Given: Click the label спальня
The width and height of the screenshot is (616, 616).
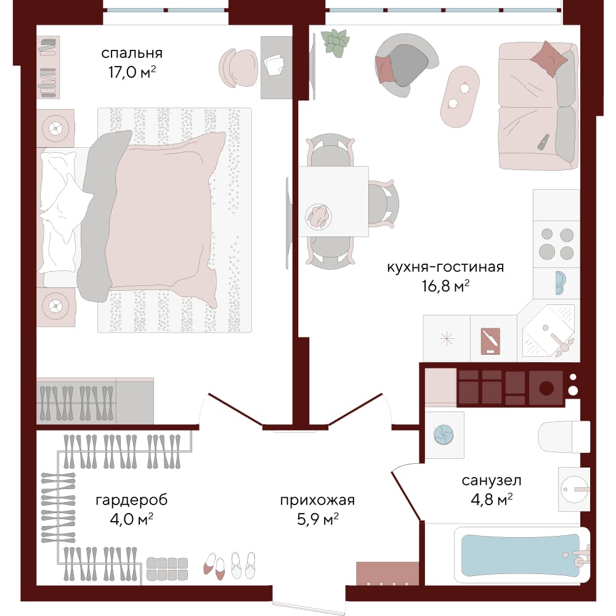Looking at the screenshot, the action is coord(132,54).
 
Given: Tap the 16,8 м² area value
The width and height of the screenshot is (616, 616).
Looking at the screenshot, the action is coord(445,286).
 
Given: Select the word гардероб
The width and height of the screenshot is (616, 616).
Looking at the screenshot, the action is coord(132,500).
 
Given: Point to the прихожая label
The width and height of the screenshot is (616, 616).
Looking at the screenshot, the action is coord(317,500).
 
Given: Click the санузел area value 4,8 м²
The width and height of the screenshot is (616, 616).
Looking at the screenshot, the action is coord(492,500).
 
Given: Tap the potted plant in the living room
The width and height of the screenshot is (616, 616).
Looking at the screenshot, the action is coord(335,43).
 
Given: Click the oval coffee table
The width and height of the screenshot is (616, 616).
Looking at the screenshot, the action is coord(460,97).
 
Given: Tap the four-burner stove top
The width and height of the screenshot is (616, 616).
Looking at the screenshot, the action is coord(556,244).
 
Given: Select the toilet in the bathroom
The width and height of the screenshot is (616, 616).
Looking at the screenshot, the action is coord(564,437).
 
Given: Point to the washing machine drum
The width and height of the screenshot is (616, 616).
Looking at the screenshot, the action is coord(444,435).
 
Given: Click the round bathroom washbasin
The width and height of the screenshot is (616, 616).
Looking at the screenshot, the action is coord(574,490).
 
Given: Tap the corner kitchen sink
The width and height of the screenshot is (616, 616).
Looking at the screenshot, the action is coord(548,330).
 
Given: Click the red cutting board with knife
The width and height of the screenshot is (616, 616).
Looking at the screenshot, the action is coord(490,341).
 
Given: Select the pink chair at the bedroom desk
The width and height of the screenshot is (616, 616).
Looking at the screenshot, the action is coord(238,68).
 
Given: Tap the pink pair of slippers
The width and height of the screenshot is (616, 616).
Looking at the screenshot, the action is coord(214,566).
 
